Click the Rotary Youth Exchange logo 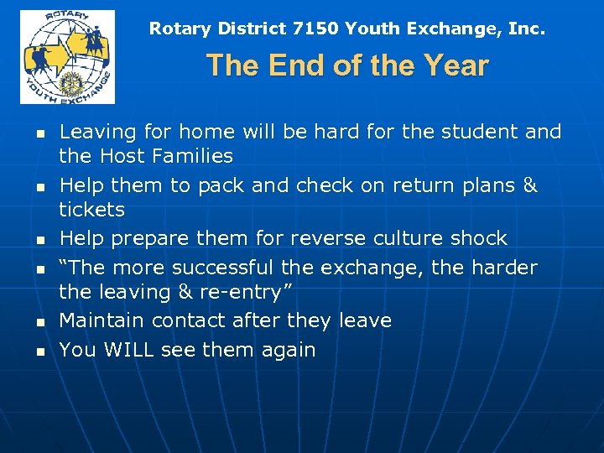click(68, 56)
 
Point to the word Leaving click(97, 132)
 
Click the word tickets click(91, 210)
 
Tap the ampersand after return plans click(529, 185)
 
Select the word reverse click(323, 238)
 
